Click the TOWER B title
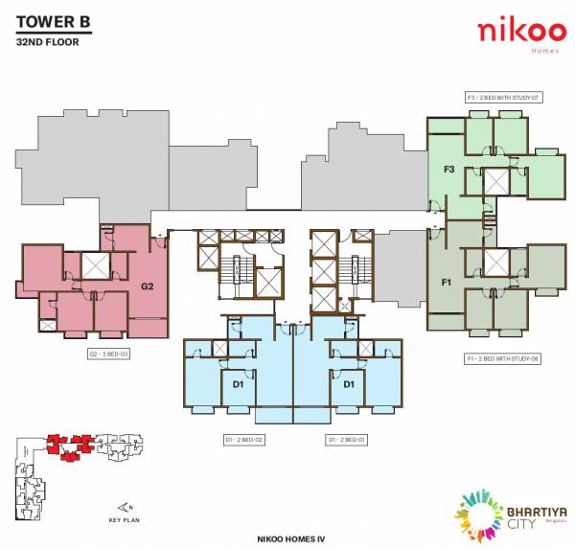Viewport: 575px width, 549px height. [54, 24]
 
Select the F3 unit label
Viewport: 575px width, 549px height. [448, 170]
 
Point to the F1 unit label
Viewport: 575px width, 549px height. [447, 283]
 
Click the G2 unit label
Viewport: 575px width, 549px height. [148, 286]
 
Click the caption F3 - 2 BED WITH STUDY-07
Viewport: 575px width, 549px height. [503, 98]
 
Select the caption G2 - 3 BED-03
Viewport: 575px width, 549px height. [109, 354]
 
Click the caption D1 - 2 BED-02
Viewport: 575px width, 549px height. [244, 439]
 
